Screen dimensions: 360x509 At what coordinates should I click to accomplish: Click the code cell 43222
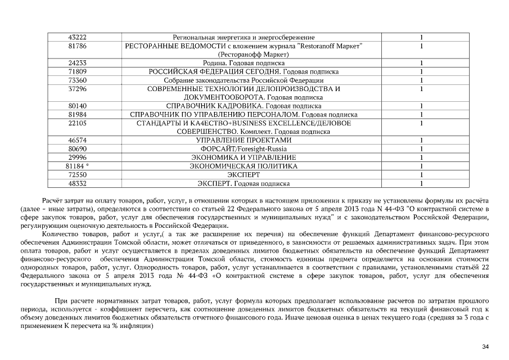click(x=77, y=38)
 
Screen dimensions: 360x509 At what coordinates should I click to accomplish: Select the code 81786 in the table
click(x=77, y=46)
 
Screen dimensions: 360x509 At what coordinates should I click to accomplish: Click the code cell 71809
click(x=77, y=72)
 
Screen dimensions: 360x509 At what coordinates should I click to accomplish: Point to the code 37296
click(x=77, y=89)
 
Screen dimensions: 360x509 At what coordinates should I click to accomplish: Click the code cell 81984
click(x=77, y=114)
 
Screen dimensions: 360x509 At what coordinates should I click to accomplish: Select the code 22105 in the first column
click(x=77, y=123)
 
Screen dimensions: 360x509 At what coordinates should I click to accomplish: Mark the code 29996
click(x=77, y=157)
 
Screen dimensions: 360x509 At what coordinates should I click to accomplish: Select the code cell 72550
click(x=77, y=175)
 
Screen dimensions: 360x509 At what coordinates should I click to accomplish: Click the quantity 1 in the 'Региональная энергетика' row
click(x=421, y=38)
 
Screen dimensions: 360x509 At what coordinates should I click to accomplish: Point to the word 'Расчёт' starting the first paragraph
click(x=54, y=200)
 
